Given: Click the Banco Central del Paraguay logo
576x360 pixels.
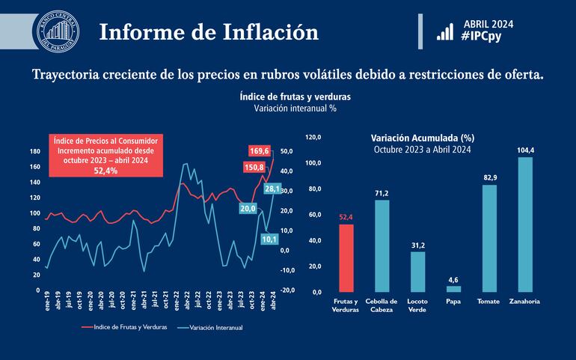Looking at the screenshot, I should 58,32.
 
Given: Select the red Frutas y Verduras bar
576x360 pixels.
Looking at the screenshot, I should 346,257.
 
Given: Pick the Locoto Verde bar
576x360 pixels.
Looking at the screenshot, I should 417,271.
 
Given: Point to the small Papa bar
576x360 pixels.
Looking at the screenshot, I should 454,288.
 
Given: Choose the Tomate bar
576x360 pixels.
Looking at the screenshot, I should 489,238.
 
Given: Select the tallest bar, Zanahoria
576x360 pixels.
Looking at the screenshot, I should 526,224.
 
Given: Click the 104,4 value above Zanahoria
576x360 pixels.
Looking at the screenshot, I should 526,150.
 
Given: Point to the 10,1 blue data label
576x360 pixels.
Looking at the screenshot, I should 269,240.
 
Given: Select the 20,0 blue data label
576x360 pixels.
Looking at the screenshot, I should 248,208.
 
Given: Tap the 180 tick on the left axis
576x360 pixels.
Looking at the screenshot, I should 34,151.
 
